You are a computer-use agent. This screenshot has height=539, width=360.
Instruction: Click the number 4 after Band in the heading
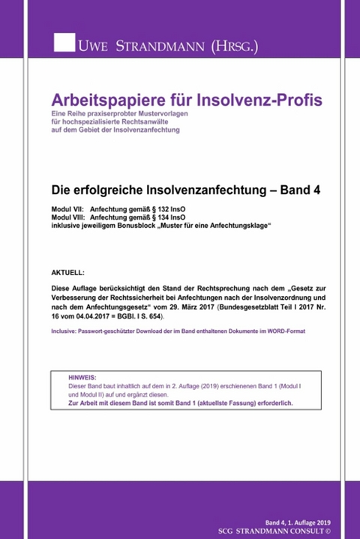[x=316, y=190]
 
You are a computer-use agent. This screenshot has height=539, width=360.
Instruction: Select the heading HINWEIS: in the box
[x=82, y=378]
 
